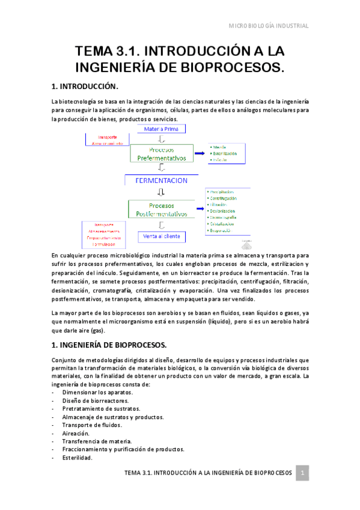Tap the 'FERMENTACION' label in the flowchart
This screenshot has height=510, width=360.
click(160, 180)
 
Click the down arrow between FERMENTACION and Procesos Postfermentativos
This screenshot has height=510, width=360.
click(160, 192)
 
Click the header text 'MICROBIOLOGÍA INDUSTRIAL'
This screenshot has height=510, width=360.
click(270, 26)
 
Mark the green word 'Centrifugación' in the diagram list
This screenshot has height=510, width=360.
click(223, 198)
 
